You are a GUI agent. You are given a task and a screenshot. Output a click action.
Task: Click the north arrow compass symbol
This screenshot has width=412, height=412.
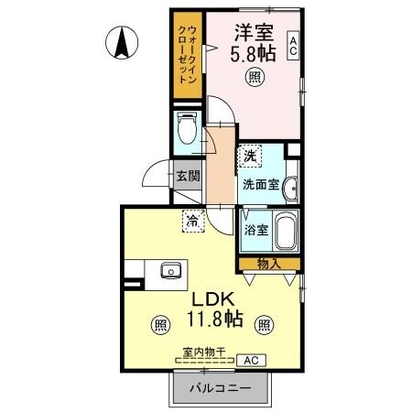click(x=122, y=42)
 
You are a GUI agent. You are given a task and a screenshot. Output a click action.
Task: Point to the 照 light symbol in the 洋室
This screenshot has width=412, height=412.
click(x=252, y=79)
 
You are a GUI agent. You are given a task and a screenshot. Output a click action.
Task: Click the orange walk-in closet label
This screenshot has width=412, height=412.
click(x=186, y=52)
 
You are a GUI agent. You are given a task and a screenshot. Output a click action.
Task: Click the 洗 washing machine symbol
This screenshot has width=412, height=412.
click(x=248, y=156)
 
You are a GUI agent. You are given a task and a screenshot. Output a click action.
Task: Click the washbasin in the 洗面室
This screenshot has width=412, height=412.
click(x=290, y=189)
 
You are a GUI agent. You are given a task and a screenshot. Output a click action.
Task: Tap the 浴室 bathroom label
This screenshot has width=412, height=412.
click(x=255, y=229)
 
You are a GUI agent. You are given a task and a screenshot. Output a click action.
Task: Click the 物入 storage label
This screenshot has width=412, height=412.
click(x=268, y=264)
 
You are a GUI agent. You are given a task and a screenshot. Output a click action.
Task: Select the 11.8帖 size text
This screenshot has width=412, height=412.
click(x=215, y=320)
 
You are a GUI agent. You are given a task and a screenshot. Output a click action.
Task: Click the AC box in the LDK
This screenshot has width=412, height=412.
click(x=248, y=361)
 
